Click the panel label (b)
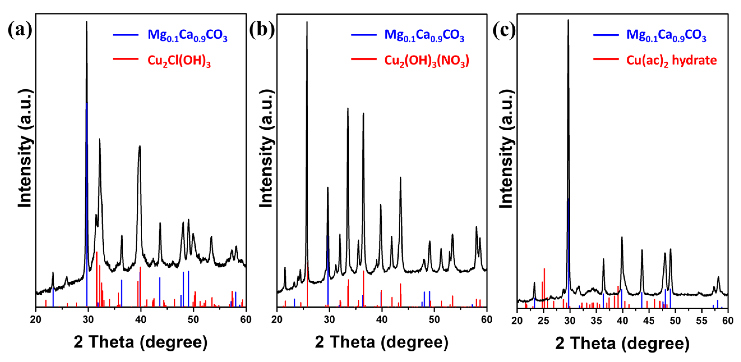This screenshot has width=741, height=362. coord(262,30)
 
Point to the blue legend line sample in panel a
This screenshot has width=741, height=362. coord(126,35)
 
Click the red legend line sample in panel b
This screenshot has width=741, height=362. coord(364,59)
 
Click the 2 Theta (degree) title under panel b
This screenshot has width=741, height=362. coord(381,342)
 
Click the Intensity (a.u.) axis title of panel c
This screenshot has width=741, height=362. coord(506,149)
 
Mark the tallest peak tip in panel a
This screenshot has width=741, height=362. coord(87,22)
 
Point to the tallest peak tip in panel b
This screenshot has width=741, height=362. coord(307,22)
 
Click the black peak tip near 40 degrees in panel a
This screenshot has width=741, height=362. coord(140,146)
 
